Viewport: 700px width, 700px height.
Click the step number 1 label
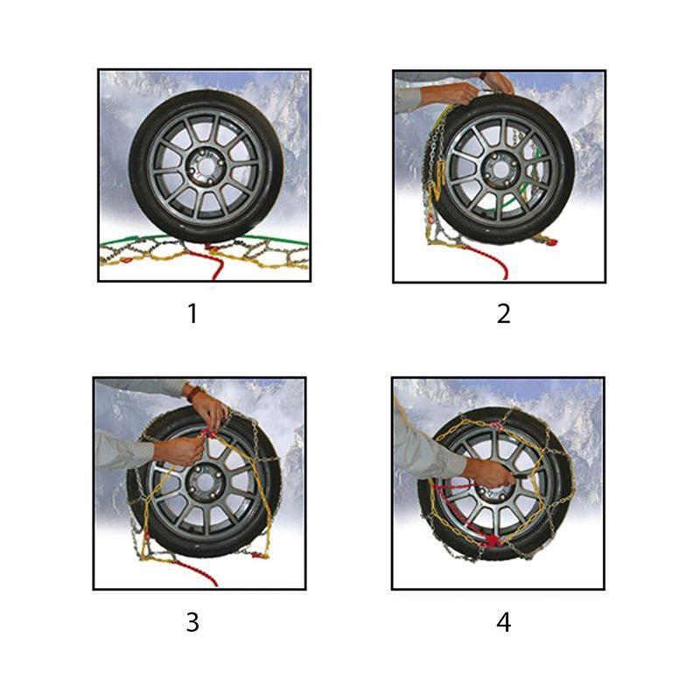click(x=192, y=313)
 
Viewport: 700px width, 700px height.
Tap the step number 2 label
click(x=504, y=313)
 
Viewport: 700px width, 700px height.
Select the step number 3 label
click(x=192, y=621)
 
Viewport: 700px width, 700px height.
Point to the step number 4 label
click(x=504, y=621)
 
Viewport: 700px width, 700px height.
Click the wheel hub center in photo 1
click(x=206, y=167)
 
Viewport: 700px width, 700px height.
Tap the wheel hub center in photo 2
click(x=500, y=169)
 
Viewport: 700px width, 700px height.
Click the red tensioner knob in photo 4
click(x=492, y=541)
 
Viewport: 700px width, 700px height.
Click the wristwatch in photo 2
click(x=484, y=75)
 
